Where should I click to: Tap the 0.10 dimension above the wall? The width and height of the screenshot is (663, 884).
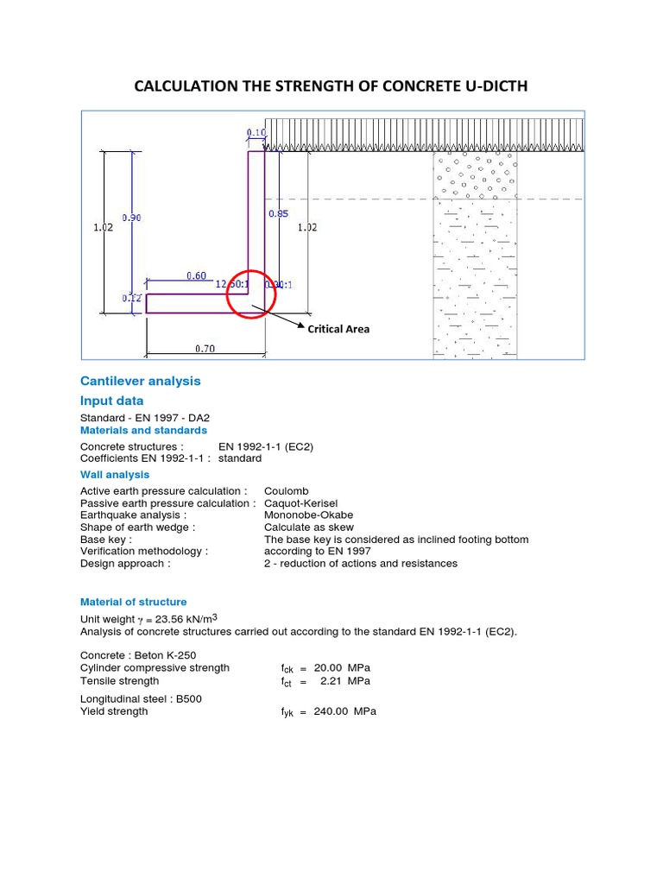tap(256, 132)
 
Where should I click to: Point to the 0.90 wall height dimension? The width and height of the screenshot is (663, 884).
tap(131, 218)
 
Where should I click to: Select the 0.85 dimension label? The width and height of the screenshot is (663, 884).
tap(278, 213)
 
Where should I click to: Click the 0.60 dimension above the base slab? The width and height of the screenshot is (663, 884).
tap(197, 275)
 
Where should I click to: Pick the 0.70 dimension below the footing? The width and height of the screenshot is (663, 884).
tap(205, 349)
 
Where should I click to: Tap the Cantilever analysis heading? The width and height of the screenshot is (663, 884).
tap(140, 381)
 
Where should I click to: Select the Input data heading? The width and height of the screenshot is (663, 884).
tap(112, 401)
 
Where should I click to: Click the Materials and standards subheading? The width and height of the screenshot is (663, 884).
tap(143, 430)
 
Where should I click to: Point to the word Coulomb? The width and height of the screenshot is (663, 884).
tap(287, 490)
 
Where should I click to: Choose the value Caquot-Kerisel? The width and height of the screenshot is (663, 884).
tap(301, 502)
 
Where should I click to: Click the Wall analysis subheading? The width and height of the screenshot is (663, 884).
tap(115, 474)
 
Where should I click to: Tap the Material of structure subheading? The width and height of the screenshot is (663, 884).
tap(133, 602)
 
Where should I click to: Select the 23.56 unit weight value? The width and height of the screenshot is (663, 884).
tap(169, 619)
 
